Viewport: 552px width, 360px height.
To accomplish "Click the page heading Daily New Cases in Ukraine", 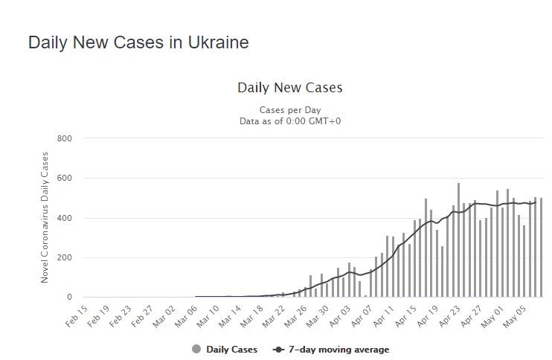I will pyautogui.click(x=138, y=42).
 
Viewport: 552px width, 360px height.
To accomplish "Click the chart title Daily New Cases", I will pyautogui.click(x=289, y=88).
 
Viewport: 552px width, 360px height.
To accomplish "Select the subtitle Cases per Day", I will pyautogui.click(x=289, y=110).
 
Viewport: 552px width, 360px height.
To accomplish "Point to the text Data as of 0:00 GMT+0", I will pyautogui.click(x=289, y=120).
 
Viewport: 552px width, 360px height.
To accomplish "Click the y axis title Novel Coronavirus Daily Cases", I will pyautogui.click(x=45, y=217).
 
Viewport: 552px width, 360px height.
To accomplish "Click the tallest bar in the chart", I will pyautogui.click(x=458, y=240).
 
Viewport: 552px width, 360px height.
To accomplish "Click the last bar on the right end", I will pyautogui.click(x=541, y=248).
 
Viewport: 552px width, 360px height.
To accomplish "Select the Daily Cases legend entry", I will pyautogui.click(x=231, y=350).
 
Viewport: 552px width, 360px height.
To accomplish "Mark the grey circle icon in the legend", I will pyautogui.click(x=196, y=350).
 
